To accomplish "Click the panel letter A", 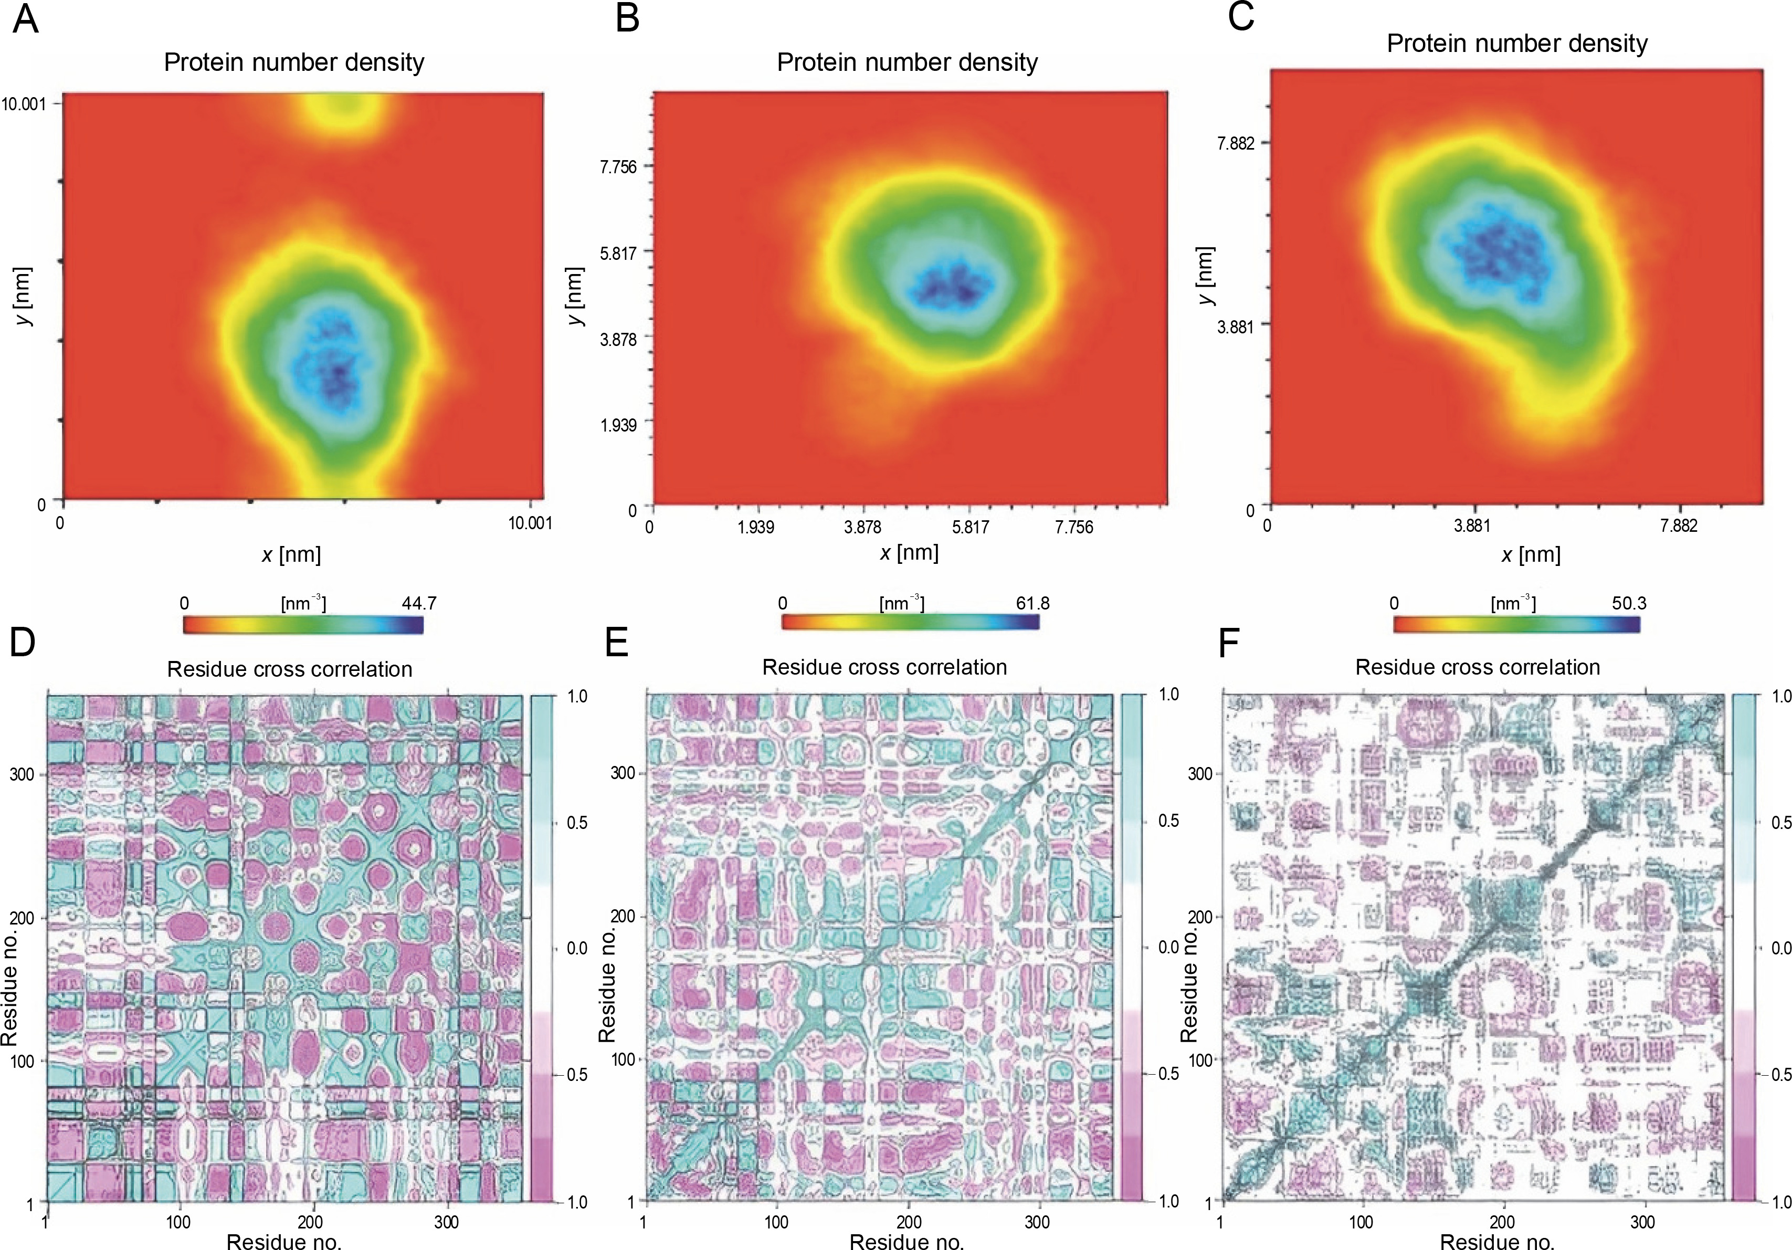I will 25,19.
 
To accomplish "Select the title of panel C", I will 1516,44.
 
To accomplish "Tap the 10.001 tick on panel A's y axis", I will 24,103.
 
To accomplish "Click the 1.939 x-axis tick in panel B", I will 755,527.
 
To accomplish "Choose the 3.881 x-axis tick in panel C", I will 1471,526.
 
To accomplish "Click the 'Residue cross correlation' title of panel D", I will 290,669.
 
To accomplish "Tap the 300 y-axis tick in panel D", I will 22,774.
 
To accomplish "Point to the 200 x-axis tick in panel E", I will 909,1222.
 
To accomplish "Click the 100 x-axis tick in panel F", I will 1361,1222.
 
